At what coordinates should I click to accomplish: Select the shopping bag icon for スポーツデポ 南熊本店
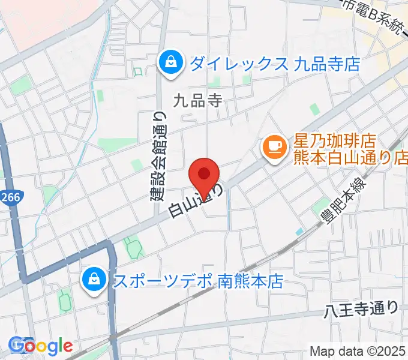94,280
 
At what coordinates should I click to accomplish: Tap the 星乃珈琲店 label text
334,142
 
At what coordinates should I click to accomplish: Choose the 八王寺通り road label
361,310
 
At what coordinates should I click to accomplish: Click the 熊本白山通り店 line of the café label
350,158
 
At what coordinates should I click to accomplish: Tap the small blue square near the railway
299,232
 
